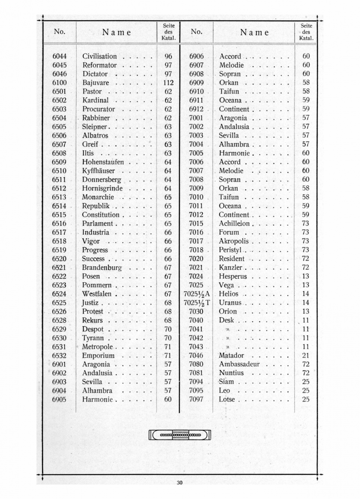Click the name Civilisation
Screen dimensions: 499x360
pos(99,57)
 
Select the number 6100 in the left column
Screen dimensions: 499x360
pos(60,83)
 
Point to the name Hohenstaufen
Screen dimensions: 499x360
pos(103,162)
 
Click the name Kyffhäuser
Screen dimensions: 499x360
pos(99,171)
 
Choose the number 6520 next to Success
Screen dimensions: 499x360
pos(60,259)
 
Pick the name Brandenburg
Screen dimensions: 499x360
pos(102,268)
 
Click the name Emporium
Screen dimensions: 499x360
pos(98,356)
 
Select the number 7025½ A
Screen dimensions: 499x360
pos(197,294)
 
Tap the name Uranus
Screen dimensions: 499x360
pos(231,303)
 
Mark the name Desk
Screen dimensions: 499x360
pos(226,320)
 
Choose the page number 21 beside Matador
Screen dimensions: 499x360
pos(306,356)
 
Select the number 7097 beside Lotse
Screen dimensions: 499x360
pos(196,399)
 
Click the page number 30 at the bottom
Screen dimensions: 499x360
pos(179,483)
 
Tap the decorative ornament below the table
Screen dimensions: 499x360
pos(180,435)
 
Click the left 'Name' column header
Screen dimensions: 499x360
pos(116,32)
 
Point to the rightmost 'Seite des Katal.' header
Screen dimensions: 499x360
pos(306,32)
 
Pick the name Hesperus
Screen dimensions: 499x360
pos(233,276)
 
